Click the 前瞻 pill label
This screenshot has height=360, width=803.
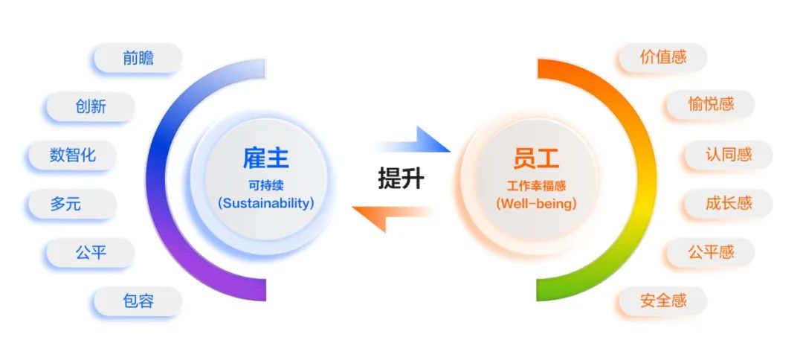[138, 58]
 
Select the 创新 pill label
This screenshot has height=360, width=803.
[91, 106]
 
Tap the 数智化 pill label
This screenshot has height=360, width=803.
[72, 155]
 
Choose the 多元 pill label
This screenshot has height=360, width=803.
[72, 204]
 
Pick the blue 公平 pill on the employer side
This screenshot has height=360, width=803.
[91, 252]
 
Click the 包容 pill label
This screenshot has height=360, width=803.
[138, 301]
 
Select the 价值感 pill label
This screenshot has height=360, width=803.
[663, 57]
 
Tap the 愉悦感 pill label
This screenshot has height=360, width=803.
[710, 104]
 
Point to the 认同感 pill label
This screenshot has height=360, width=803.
[728, 155]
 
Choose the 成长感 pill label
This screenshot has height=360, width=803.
[728, 204]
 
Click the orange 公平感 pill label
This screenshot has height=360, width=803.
[710, 252]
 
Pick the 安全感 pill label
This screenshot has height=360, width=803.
[663, 301]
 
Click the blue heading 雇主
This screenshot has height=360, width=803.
[265, 158]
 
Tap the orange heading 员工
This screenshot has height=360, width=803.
[536, 158]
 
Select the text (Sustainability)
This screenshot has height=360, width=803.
[265, 203]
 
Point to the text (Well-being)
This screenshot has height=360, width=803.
[536, 203]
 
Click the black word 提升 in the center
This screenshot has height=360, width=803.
[401, 179]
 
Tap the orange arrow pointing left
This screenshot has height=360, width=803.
[392, 216]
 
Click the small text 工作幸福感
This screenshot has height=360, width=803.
[536, 185]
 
